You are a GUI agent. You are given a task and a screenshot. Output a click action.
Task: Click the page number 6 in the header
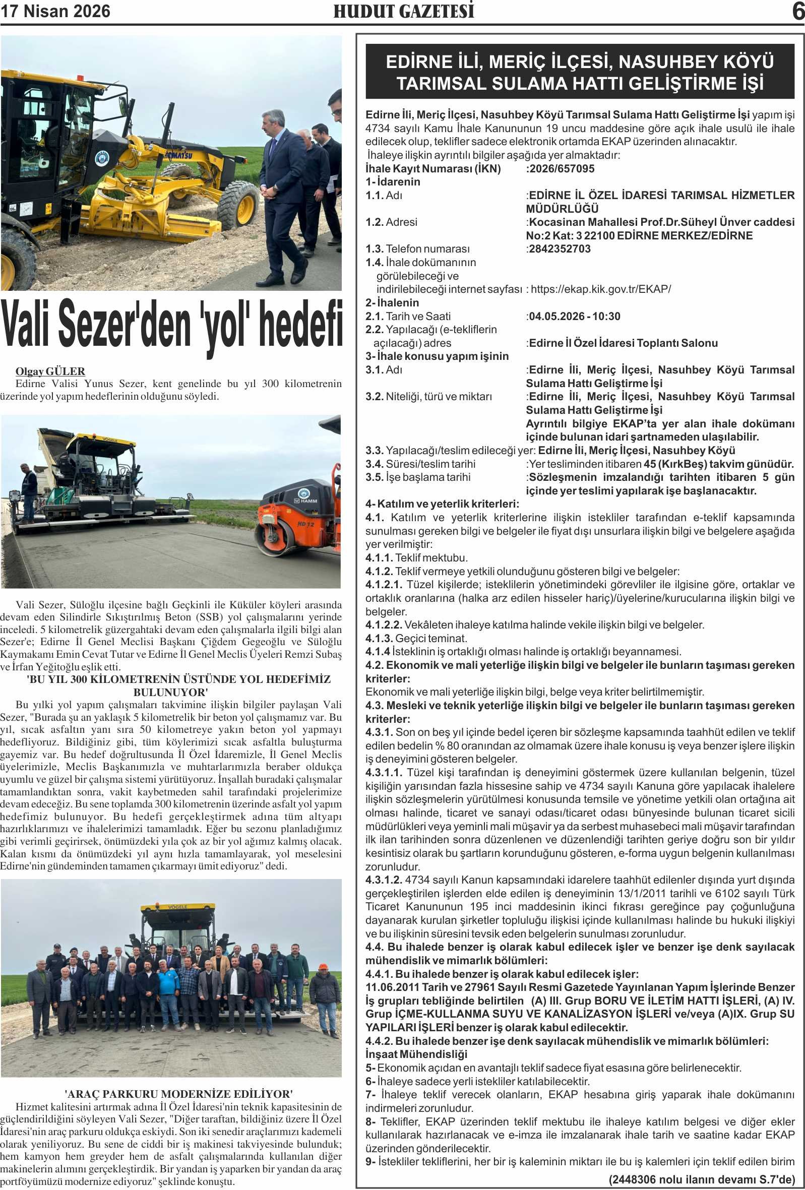coord(797,11)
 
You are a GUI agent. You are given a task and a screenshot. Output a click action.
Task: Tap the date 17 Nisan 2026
coord(55,11)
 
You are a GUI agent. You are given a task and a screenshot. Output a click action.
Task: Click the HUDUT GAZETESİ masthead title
coord(404,11)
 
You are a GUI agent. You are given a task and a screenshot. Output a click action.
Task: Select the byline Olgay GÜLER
coord(50,371)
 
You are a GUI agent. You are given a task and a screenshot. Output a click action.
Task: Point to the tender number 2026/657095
coord(561,168)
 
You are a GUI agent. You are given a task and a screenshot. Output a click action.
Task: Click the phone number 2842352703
coord(559,249)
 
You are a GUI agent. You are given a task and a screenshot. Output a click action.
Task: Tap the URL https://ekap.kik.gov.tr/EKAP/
coord(600,289)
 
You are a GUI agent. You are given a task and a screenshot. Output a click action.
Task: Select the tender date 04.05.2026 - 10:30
coord(574,316)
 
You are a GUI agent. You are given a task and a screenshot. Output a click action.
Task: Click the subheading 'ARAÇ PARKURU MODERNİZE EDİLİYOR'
coord(179,1094)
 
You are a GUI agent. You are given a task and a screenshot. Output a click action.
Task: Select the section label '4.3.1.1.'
coord(384,772)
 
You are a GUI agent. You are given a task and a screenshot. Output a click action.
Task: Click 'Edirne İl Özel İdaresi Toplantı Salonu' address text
coord(623,343)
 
